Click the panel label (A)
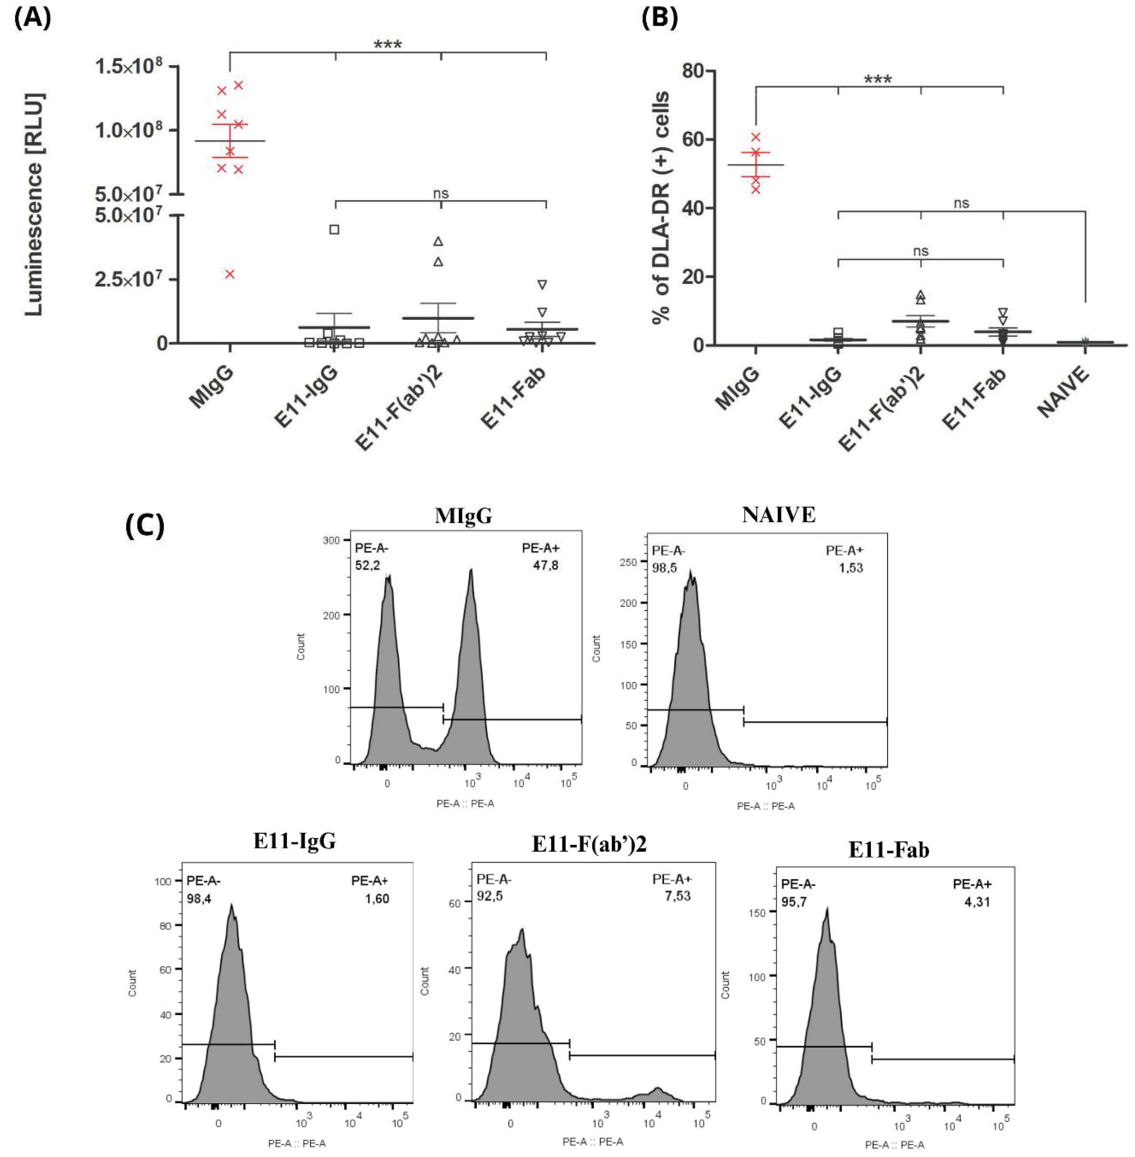click(x=33, y=18)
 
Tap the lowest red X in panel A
click(x=230, y=274)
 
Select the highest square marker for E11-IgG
click(x=334, y=230)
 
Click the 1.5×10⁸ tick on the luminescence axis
click(x=128, y=66)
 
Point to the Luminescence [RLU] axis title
click(x=35, y=204)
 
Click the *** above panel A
click(x=388, y=45)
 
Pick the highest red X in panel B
click(x=756, y=137)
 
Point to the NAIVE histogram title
click(x=778, y=515)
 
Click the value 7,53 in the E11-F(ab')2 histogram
click(x=677, y=896)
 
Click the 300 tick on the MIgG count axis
click(x=331, y=540)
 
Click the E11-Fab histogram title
click(x=888, y=850)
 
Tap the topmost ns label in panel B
click(x=961, y=203)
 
